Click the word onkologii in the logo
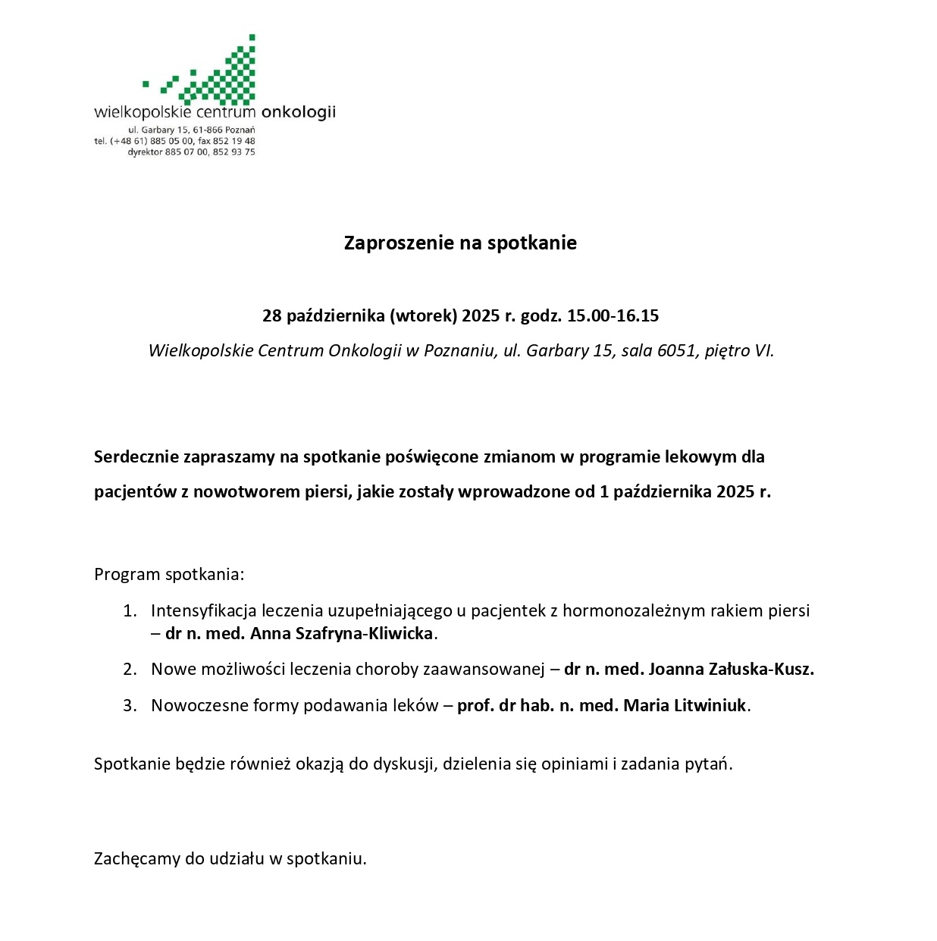point(298,113)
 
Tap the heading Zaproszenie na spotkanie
point(460,243)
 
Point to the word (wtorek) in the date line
point(424,315)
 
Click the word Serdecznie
point(136,456)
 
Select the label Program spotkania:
point(169,574)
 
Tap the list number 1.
point(130,610)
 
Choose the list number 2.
point(130,669)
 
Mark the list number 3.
point(130,705)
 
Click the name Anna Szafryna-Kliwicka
point(341,633)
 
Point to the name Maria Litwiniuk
point(685,705)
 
